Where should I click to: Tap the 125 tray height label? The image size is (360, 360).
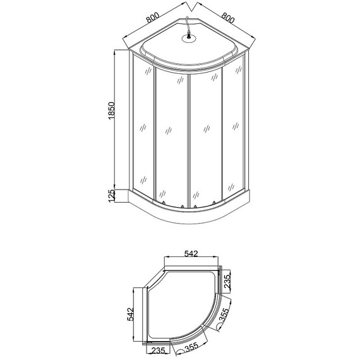tap(111, 197)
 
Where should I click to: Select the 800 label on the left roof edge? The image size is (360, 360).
tap(152, 20)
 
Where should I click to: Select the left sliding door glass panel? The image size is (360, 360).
tap(171, 136)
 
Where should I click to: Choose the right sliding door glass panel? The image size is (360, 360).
tap(207, 136)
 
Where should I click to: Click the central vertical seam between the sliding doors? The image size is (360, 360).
tap(189, 139)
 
